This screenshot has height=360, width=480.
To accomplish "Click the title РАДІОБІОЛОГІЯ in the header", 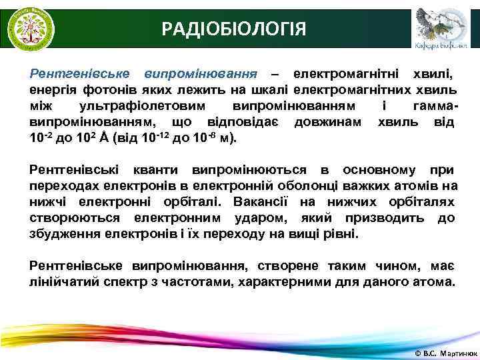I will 234,29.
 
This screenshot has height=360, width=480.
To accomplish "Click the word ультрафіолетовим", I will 137,107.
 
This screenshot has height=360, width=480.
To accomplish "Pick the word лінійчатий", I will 63,281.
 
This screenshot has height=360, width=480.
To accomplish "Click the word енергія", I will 51,89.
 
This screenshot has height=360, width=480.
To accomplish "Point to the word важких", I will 370,186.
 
